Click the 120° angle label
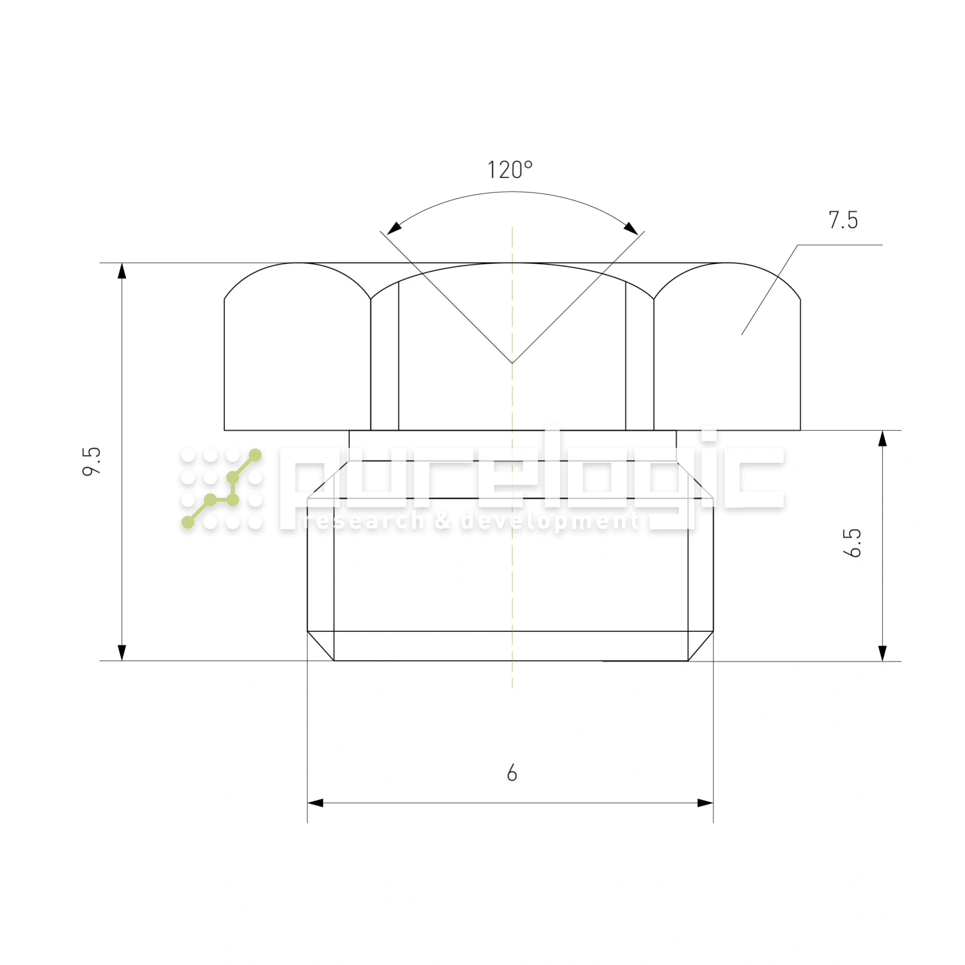(x=510, y=170)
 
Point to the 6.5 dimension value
(x=852, y=542)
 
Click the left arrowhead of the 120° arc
(x=394, y=228)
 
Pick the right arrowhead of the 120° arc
(x=631, y=228)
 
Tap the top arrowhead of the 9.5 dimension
(x=122, y=271)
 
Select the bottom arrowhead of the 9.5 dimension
(x=122, y=653)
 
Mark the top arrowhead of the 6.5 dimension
(x=882, y=438)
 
